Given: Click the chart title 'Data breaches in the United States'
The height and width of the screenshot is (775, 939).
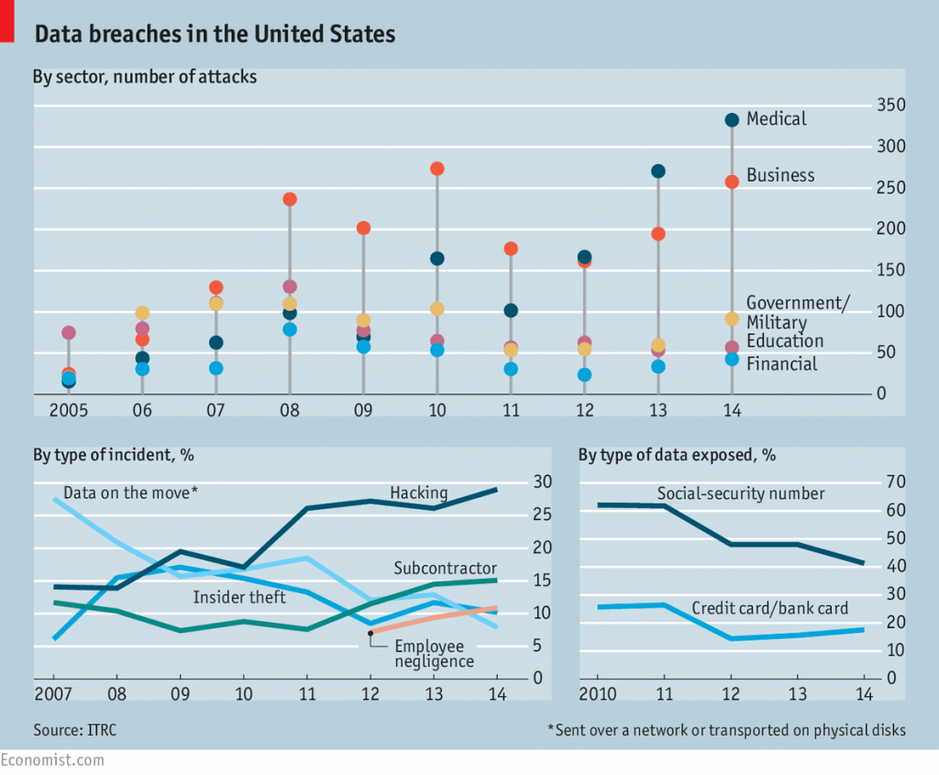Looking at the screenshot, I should tap(215, 35).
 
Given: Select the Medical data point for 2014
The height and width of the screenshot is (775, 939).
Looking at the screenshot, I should tap(732, 119).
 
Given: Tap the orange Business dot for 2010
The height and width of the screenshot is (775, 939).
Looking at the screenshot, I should tap(437, 169).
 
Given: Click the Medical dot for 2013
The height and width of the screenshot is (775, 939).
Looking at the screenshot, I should tap(657, 172).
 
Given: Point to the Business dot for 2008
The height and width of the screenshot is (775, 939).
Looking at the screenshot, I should tap(290, 199).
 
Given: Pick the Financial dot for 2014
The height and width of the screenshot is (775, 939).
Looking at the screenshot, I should tap(732, 360).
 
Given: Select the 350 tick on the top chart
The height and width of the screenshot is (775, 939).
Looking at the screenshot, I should tap(891, 106).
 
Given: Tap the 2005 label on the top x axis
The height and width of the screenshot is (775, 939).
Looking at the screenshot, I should tap(69, 409).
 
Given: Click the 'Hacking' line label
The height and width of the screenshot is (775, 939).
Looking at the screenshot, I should tap(419, 493).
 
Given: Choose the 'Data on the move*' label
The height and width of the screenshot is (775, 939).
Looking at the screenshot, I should tap(130, 493).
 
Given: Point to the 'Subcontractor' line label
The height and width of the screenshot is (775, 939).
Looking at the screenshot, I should tap(445, 568).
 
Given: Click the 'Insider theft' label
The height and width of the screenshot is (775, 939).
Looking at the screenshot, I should tap(239, 597).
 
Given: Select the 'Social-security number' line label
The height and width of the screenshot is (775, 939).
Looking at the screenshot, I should tap(741, 493).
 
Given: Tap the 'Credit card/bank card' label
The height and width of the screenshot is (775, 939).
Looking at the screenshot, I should tap(769, 607).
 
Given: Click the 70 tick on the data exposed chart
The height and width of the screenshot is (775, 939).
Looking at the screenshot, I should tap(894, 482).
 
